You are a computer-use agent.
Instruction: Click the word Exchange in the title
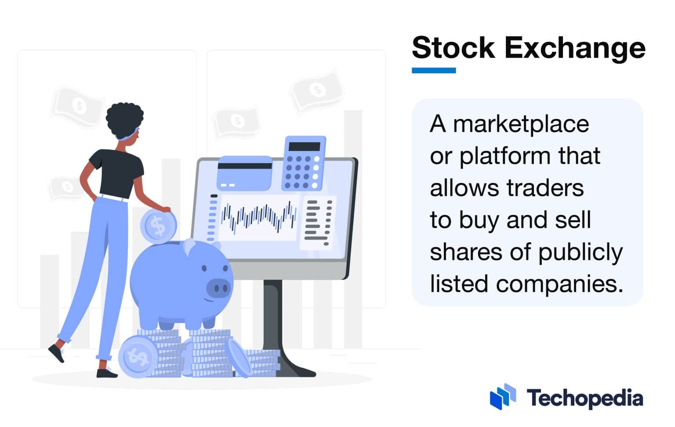point(575,48)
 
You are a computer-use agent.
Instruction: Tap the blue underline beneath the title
point(433,70)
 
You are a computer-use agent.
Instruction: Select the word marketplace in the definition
point(521,124)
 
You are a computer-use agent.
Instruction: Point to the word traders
point(545,188)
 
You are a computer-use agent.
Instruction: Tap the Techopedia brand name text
point(584,398)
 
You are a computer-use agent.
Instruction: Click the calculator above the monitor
point(305,163)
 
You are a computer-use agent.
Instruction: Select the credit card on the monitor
point(245,173)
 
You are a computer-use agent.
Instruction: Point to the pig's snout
point(218,288)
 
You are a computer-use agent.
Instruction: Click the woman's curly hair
point(124,118)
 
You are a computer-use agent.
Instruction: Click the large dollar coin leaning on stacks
point(138,357)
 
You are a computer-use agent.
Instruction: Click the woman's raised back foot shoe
point(56,352)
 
